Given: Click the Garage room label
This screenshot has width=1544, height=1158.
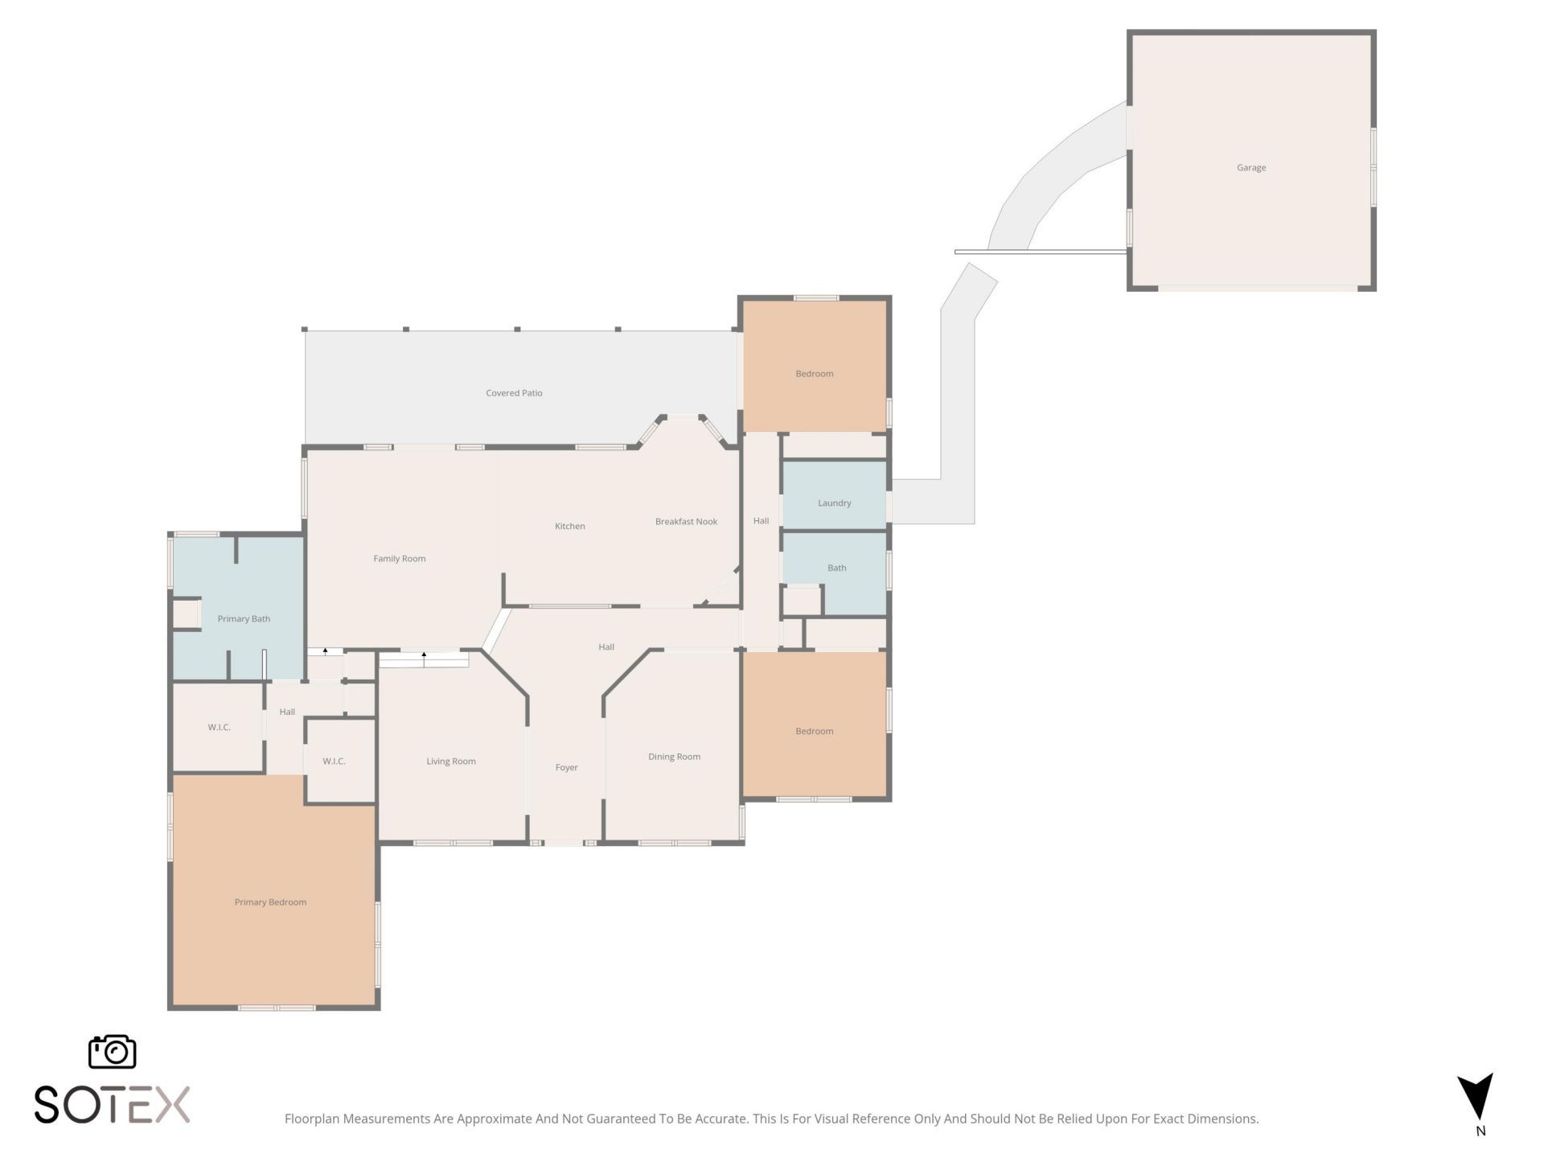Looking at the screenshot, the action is coord(1251,168).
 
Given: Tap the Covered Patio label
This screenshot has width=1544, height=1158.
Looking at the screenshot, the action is coord(514,393).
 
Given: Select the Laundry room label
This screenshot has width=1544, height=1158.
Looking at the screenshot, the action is coord(834,503).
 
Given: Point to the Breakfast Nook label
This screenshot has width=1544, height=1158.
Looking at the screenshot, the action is coord(686,522).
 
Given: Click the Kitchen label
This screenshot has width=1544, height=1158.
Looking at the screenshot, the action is coord(570,527).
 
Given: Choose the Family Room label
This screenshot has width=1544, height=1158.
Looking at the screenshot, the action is coord(400,559).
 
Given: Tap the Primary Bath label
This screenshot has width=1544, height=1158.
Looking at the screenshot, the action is coord(244,619).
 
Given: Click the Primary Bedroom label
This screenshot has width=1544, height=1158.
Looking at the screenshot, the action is coord(270,902).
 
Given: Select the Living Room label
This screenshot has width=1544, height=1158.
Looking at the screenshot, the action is coord(451,762).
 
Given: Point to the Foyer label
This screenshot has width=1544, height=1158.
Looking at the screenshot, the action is coord(567,768).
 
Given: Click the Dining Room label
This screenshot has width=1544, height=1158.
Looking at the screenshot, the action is coord(674,757).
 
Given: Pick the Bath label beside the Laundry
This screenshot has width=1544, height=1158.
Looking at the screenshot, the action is coord(837,568).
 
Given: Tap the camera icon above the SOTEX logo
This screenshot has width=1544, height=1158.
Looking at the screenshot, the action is coord(112,1052).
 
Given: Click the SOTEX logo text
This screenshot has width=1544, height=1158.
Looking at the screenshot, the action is coord(112,1104).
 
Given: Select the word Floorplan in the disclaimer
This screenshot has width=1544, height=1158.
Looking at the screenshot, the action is coord(312,1119).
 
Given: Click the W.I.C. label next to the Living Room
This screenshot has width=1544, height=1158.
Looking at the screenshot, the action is coord(334,762).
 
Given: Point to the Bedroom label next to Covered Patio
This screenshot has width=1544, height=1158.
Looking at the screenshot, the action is coord(815,374).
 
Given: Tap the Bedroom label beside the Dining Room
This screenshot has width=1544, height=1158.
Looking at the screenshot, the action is coord(815,732).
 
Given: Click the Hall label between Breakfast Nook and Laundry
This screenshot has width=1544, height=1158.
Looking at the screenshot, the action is coord(762,521).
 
